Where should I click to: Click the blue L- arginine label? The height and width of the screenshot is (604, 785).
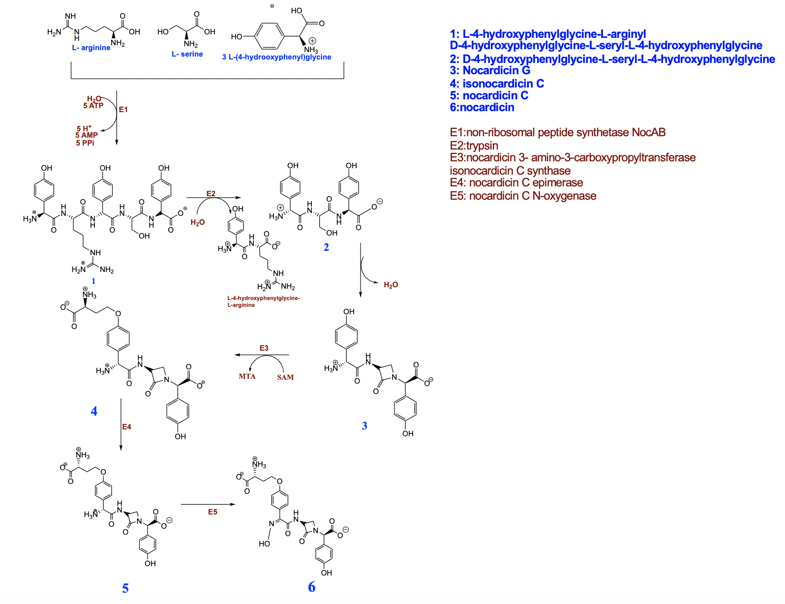click(91, 48)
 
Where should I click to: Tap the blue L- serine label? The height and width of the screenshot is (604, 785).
click(187, 54)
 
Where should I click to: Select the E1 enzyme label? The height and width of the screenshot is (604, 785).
click(123, 110)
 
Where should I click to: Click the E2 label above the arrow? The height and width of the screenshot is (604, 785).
click(211, 193)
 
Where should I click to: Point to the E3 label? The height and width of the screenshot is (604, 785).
click(264, 348)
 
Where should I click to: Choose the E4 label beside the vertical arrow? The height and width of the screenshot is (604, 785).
click(127, 427)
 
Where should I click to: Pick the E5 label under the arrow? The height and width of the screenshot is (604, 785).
click(212, 512)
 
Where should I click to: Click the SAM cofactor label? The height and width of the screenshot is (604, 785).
click(285, 377)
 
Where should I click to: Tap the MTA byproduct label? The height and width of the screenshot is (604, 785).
click(247, 376)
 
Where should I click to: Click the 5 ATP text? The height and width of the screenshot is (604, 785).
click(93, 106)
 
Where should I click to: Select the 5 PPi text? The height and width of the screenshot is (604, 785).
click(85, 143)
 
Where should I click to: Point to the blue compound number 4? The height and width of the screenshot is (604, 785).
click(94, 411)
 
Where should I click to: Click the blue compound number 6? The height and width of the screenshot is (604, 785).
click(312, 587)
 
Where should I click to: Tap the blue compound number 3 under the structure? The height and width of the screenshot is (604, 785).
click(364, 426)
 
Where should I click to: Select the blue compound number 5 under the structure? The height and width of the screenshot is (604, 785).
click(125, 588)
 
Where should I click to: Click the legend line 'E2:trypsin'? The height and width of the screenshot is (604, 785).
click(474, 146)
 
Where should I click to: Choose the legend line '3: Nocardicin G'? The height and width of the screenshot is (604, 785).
click(490, 70)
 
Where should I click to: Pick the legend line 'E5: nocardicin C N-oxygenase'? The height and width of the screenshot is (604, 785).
click(523, 196)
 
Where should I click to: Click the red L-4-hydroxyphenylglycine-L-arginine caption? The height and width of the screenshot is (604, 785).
click(263, 302)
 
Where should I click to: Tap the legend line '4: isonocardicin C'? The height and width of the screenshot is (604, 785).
click(497, 84)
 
